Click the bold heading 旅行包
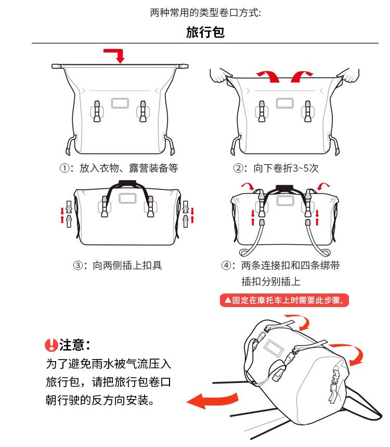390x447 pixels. pyautogui.click(x=205, y=32)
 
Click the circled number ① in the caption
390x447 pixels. pyautogui.click(x=64, y=168)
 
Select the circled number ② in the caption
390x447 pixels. pyautogui.click(x=238, y=168)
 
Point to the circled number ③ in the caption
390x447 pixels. pyautogui.click(x=78, y=265)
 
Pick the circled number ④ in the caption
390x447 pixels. pyautogui.click(x=226, y=265)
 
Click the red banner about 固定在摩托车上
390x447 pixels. pyautogui.click(x=284, y=300)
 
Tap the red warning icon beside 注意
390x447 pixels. pyautogui.click(x=51, y=345)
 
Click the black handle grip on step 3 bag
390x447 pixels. pyautogui.click(x=127, y=183)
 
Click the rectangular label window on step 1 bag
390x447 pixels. pyautogui.click(x=120, y=103)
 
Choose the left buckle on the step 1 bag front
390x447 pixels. pyautogui.click(x=97, y=111)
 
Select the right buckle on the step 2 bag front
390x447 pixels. pyautogui.click(x=307, y=111)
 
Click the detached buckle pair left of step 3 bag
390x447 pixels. pyautogui.click(x=69, y=214)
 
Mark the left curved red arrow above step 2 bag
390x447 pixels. pyautogui.click(x=269, y=76)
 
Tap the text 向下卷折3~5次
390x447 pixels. pyautogui.click(x=285, y=168)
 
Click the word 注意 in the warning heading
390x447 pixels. pyautogui.click(x=72, y=345)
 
